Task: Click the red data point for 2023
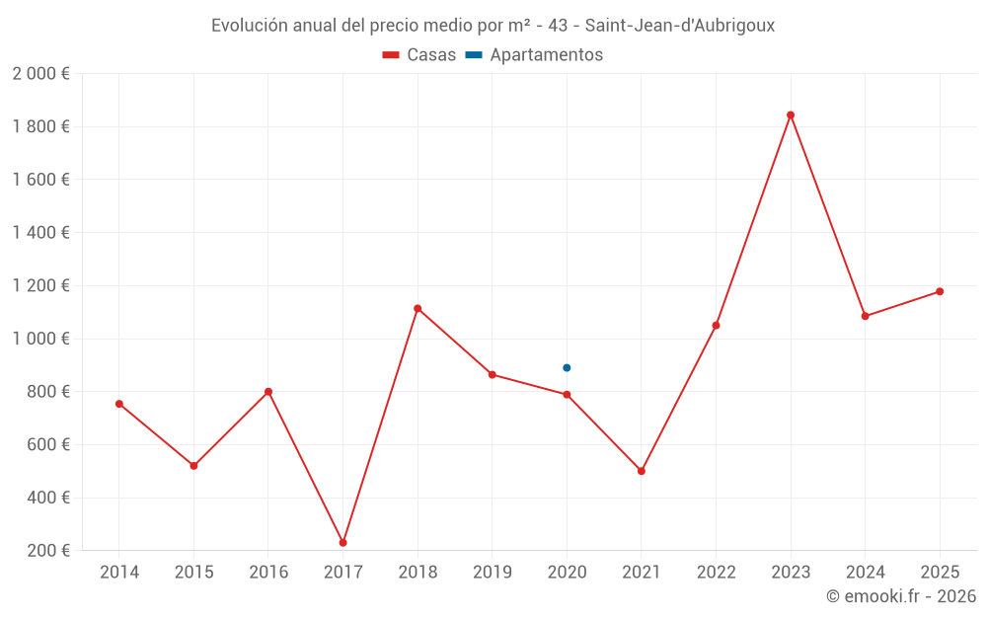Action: pos(791,115)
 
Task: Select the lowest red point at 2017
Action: pos(342,543)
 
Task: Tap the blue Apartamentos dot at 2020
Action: pos(567,368)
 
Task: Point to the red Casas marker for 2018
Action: pos(418,308)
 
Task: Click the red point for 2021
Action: pos(642,471)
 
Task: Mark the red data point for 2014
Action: pos(118,404)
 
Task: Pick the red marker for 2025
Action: pos(940,291)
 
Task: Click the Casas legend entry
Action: pos(419,55)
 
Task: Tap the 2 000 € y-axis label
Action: pos(40,74)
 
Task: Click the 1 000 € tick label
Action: pos(40,339)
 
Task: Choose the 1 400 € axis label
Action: pos(40,233)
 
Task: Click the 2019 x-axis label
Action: pos(492,573)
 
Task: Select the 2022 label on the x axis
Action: pos(716,573)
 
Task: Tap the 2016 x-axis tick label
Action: pos(268,573)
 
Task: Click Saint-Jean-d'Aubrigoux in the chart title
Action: pos(680,26)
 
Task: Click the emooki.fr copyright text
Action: pos(901,596)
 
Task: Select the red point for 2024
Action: pos(865,316)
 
